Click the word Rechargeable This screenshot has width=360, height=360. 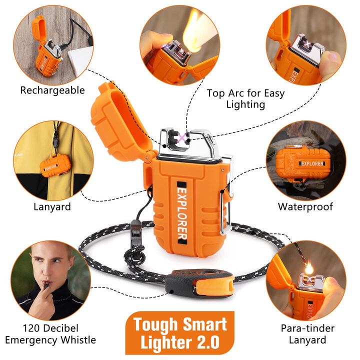pos(52,90)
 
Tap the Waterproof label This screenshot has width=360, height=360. pos(305,206)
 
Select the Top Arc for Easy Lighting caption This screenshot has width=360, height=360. pos(245,99)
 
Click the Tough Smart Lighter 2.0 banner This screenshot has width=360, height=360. pos(180,333)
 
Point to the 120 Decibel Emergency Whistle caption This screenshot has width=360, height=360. pos(50,334)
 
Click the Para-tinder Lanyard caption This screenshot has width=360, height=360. pos(307,334)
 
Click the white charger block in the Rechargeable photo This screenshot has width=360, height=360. pos(80,61)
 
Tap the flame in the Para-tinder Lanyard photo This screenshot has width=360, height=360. pos(309,267)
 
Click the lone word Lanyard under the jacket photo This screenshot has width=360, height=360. pos(52,206)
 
